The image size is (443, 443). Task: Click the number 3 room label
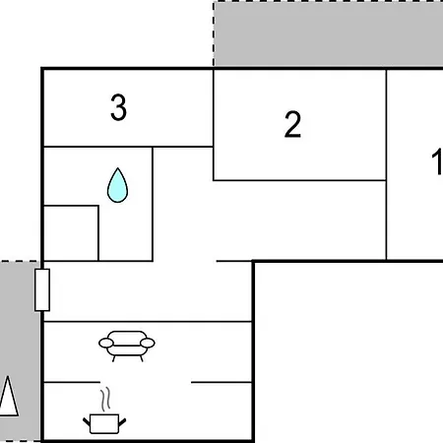(118, 107)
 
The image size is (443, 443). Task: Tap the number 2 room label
(292, 124)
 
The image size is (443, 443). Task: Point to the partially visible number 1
(437, 161)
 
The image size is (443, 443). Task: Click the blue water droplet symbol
(117, 185)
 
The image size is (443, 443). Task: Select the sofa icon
(127, 347)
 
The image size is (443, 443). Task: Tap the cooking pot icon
(104, 423)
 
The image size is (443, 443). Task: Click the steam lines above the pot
(105, 400)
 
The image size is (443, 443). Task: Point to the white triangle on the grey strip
(8, 396)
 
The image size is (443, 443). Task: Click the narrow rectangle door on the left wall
(42, 289)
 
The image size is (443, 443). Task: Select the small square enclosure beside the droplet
(71, 233)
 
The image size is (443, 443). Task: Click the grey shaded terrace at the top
(328, 34)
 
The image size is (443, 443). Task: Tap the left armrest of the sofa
(106, 344)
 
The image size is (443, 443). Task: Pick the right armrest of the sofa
(148, 344)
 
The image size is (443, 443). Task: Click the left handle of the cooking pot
(87, 422)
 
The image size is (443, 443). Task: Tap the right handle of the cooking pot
(122, 422)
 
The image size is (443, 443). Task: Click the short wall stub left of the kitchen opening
(72, 382)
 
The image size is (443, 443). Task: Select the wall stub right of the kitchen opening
(221, 382)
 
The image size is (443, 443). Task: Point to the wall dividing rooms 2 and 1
(386, 164)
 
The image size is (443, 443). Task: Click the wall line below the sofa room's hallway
(148, 322)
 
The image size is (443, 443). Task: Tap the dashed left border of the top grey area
(214, 34)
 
